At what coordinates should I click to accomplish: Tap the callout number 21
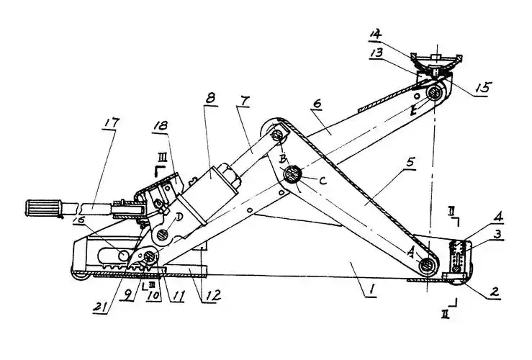click(x=102, y=307)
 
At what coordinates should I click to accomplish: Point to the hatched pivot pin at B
click(x=292, y=174)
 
